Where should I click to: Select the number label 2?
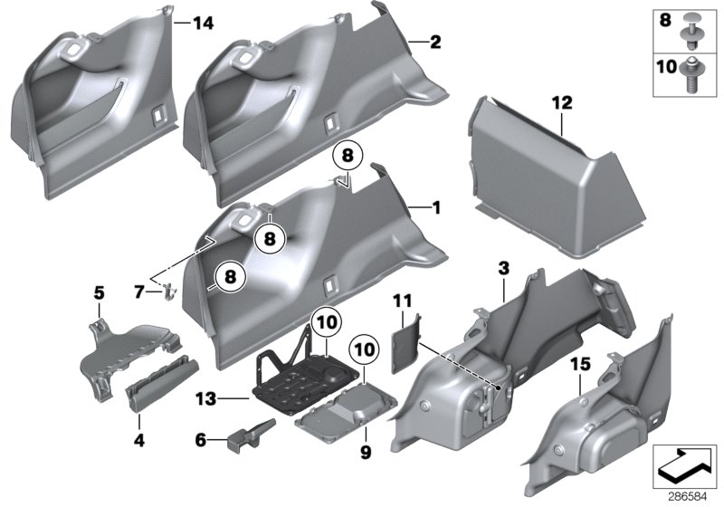(436, 42)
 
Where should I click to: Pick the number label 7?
(138, 292)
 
